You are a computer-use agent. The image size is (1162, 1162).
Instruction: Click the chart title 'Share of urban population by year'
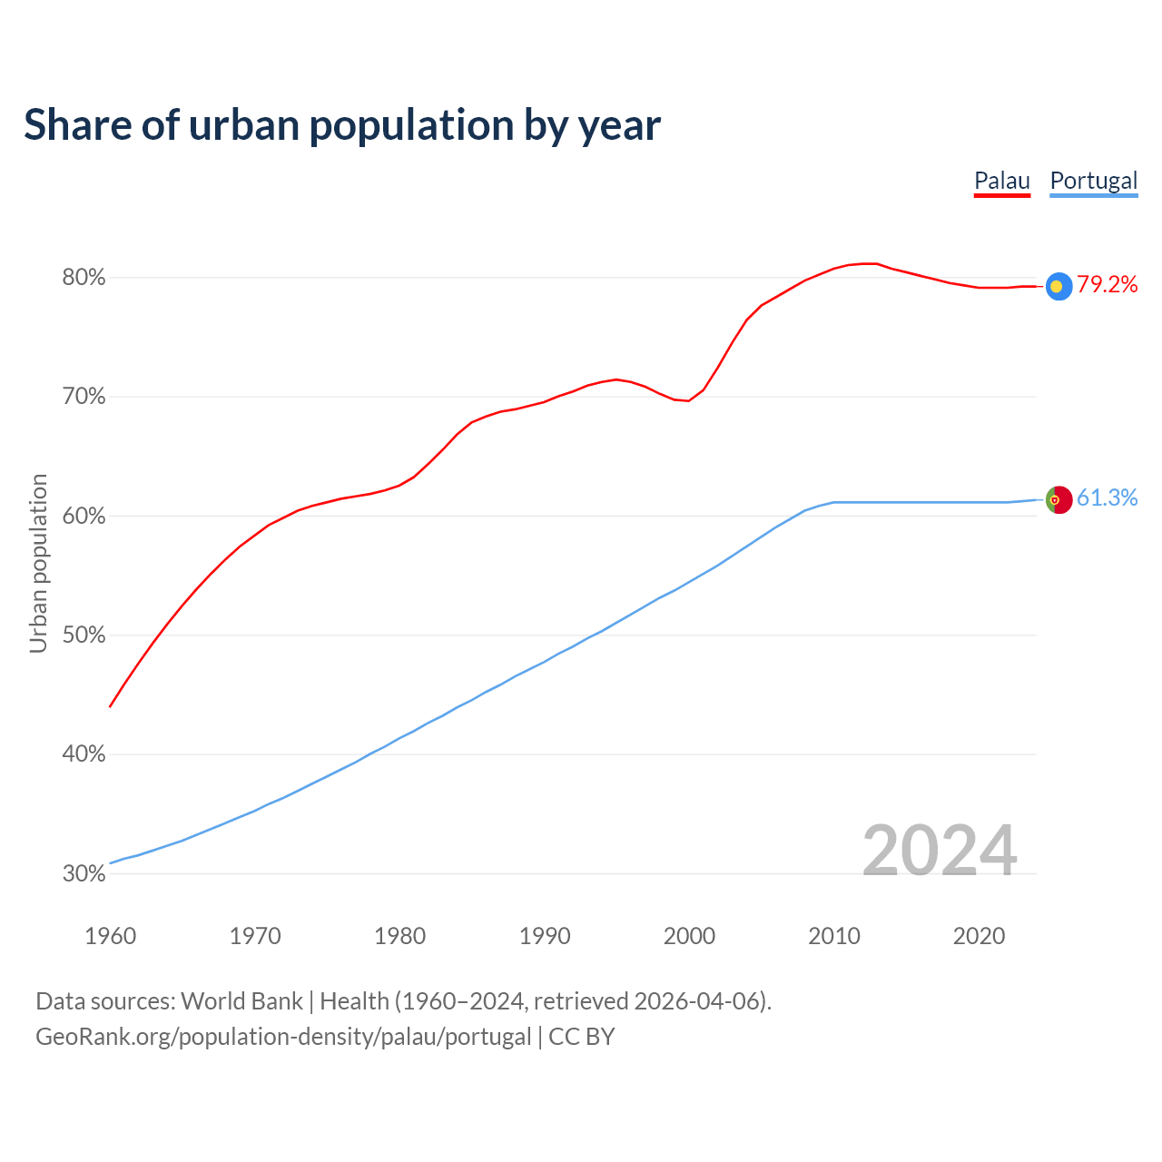(x=342, y=125)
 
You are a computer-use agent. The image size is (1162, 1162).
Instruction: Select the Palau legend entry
(x=1002, y=181)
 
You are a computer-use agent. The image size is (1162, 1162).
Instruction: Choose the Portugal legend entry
(x=1093, y=181)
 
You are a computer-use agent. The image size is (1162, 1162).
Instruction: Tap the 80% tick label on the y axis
(x=84, y=278)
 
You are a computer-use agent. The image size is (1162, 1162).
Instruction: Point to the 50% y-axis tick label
(x=84, y=635)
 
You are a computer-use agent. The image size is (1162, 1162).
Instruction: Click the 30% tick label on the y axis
(x=84, y=874)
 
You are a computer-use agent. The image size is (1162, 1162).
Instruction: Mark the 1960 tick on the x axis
(x=111, y=936)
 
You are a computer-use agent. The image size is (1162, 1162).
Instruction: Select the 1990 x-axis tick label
(x=545, y=936)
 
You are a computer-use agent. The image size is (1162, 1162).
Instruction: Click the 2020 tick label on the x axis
(x=979, y=936)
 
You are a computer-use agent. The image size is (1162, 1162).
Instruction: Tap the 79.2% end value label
(x=1107, y=285)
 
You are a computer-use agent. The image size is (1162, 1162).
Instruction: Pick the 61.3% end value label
(x=1107, y=498)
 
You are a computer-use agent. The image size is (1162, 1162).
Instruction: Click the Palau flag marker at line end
(x=1059, y=286)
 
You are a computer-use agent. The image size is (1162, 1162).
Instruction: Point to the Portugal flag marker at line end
(x=1059, y=499)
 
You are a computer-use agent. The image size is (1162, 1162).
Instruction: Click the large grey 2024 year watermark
(x=940, y=851)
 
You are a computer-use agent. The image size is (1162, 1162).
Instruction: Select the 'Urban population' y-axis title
(x=38, y=563)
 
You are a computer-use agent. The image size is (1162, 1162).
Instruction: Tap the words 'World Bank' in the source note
(x=241, y=1001)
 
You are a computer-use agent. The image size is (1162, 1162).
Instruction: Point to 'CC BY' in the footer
(x=582, y=1037)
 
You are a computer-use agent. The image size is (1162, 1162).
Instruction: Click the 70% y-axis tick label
(x=84, y=397)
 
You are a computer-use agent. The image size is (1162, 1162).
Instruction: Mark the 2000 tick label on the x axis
(x=690, y=936)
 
